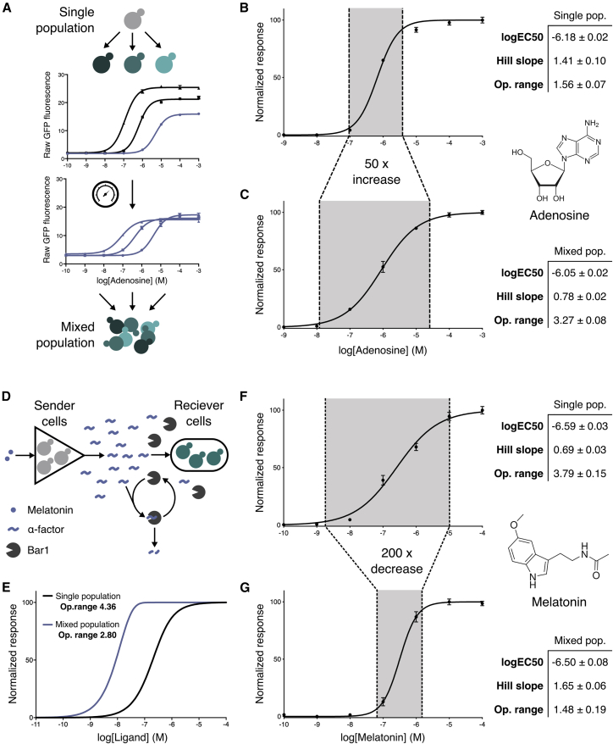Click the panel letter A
point(8,8)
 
